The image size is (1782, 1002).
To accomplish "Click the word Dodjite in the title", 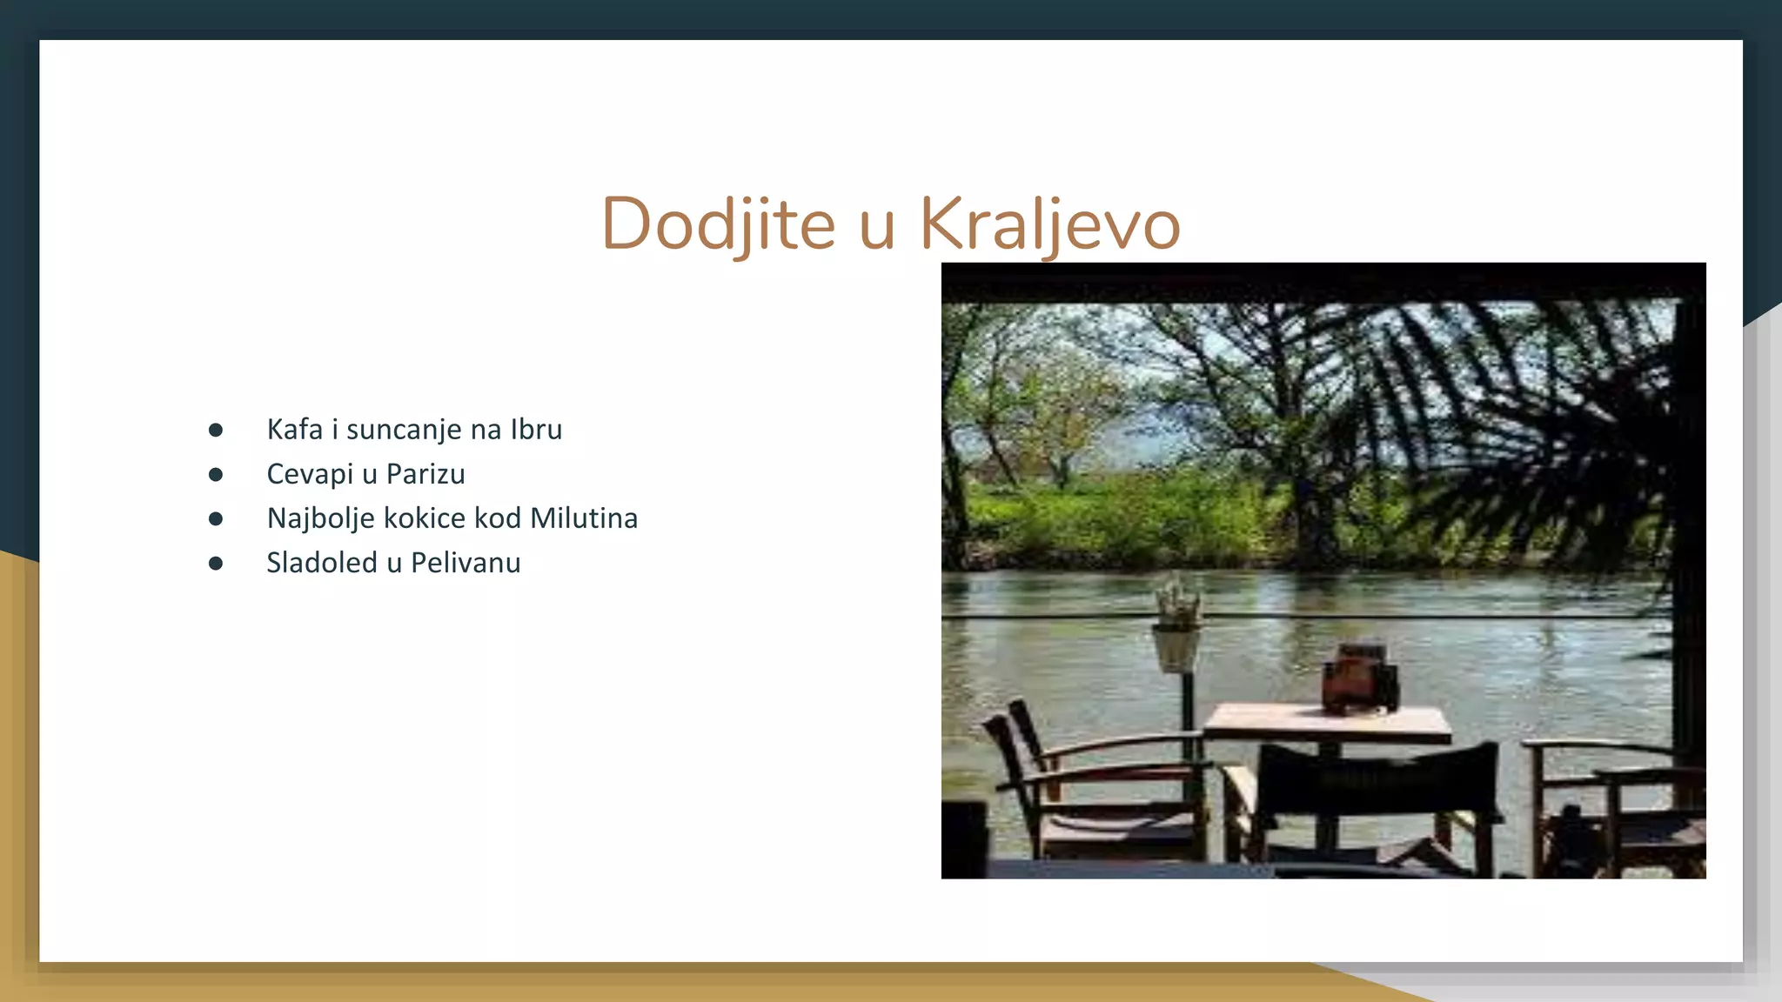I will pyautogui.click(x=718, y=224).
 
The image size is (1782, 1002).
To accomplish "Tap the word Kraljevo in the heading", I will pyautogui.click(x=1049, y=224).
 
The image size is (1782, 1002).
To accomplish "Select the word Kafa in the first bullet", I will pyautogui.click(x=294, y=430).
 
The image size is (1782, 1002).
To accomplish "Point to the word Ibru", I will pyautogui.click(x=536, y=430).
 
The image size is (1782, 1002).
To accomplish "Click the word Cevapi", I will pyautogui.click(x=309, y=474).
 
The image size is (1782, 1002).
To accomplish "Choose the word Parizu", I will pyautogui.click(x=425, y=474).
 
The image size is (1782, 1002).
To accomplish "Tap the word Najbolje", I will pyautogui.click(x=320, y=519).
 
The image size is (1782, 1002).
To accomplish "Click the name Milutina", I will pyautogui.click(x=584, y=518).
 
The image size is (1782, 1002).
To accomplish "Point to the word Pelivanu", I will pyautogui.click(x=466, y=563).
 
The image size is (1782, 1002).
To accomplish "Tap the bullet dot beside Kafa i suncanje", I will pyautogui.click(x=216, y=431).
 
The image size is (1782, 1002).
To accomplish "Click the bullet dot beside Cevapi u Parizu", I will pyautogui.click(x=216, y=475).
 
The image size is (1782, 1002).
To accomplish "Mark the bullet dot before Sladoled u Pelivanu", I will pyautogui.click(x=216, y=564).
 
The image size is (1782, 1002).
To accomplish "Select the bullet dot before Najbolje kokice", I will pyautogui.click(x=216, y=519).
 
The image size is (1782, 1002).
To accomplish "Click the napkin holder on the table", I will pyautogui.click(x=1359, y=678).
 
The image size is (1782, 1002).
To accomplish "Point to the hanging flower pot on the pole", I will pyautogui.click(x=1176, y=648).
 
